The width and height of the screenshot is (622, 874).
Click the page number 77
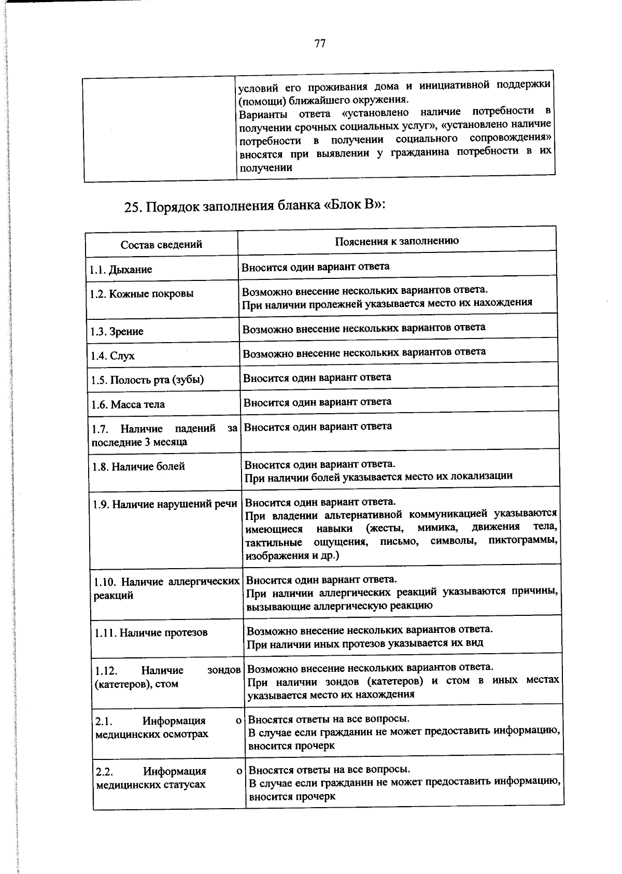(x=319, y=44)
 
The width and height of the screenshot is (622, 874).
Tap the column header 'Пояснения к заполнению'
(x=397, y=241)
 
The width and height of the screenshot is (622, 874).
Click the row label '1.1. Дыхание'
(x=121, y=270)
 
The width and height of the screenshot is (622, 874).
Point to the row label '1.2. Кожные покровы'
(x=142, y=294)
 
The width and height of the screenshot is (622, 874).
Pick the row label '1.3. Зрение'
(x=117, y=332)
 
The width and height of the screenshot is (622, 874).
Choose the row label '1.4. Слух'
(x=112, y=356)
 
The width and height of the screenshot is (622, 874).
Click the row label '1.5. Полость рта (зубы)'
(x=147, y=380)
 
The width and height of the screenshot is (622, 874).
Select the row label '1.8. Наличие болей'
(x=138, y=467)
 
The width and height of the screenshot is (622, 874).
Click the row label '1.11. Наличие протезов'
(x=151, y=633)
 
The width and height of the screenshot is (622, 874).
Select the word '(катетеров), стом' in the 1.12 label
(x=136, y=684)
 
